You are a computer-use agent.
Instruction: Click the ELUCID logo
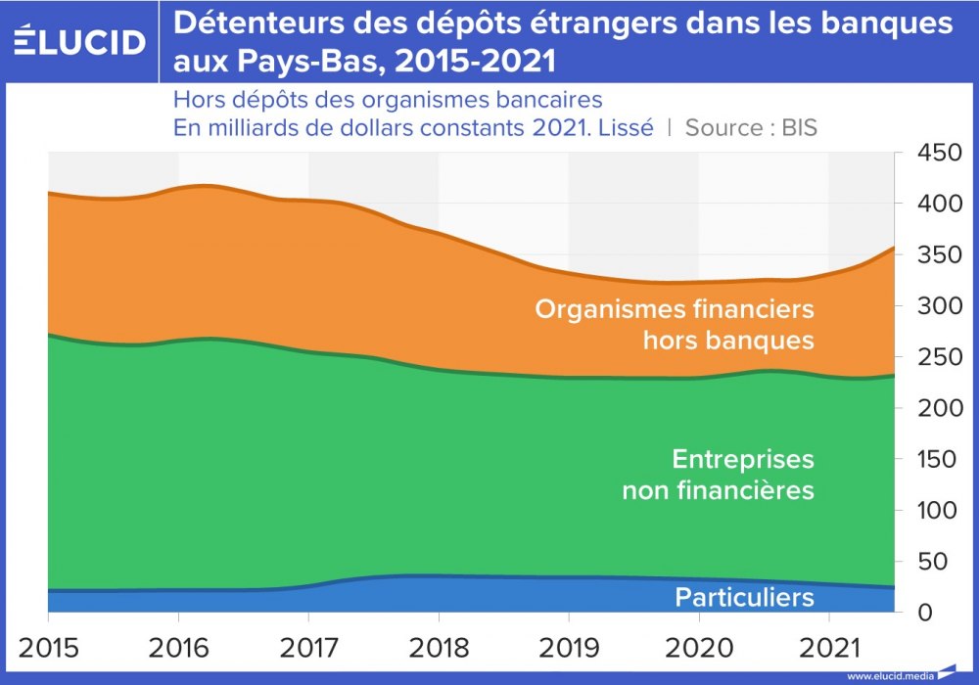click(80, 41)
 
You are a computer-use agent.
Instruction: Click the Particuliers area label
click(744, 596)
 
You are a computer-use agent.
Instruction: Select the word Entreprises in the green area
click(743, 459)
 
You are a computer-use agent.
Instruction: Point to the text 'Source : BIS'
click(751, 127)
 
